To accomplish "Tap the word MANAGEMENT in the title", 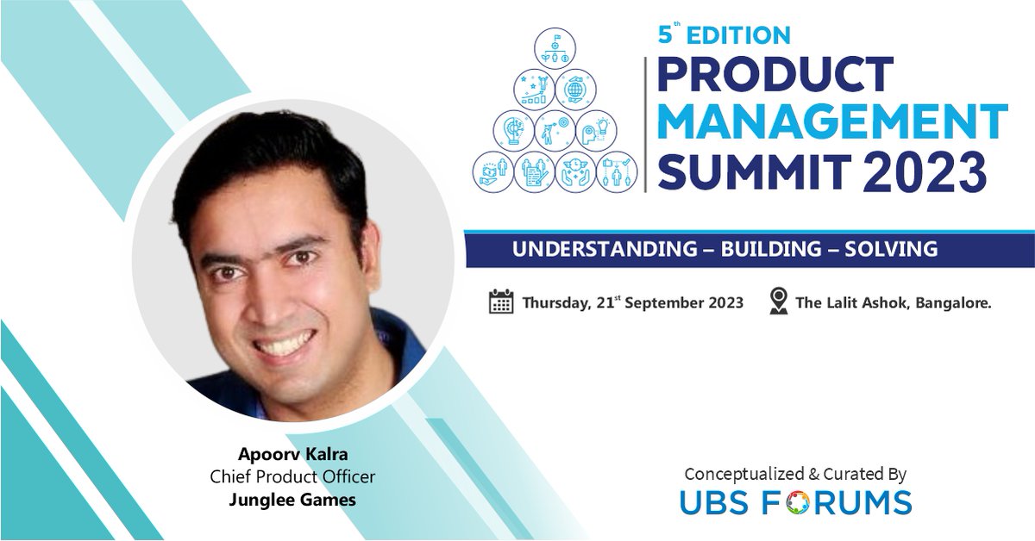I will pos(832,123).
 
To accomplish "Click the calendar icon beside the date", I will pos(501,302).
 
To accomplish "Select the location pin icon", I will pos(779,302).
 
